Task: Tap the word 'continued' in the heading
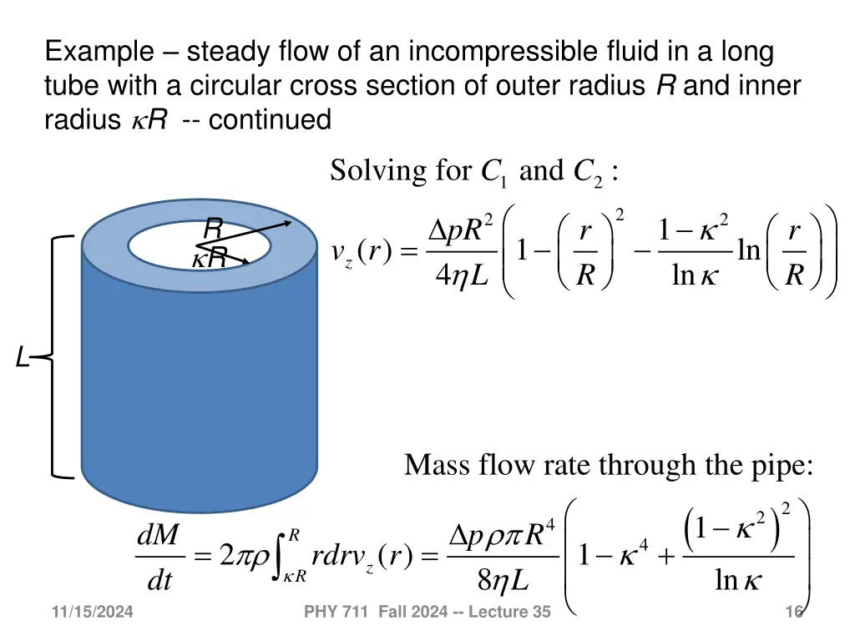click(x=270, y=120)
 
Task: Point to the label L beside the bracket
click(x=23, y=359)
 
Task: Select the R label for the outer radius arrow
click(x=214, y=227)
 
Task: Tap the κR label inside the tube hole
click(x=209, y=260)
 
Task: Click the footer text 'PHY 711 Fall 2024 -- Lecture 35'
click(x=427, y=613)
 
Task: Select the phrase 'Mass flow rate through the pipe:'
click(x=609, y=465)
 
